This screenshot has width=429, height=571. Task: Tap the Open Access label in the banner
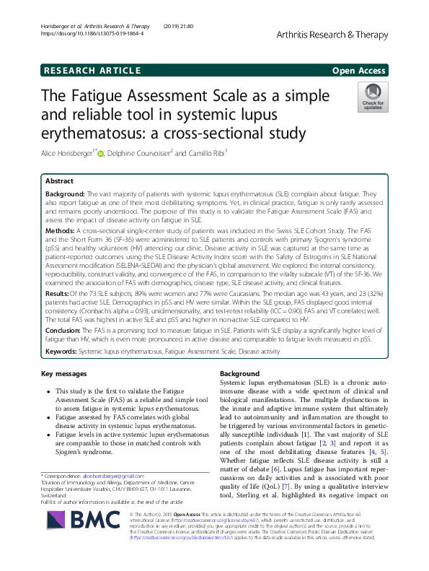tap(359, 70)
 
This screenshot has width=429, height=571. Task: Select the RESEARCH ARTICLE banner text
tap(92, 70)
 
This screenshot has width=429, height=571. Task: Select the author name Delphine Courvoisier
tap(141, 152)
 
